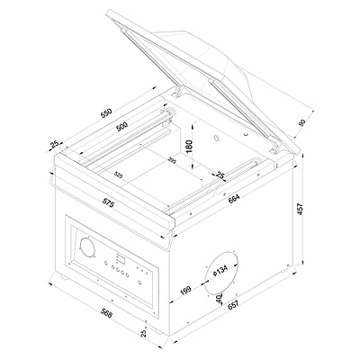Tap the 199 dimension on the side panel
point(184,290)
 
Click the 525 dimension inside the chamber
point(118,174)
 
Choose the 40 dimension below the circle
point(219,297)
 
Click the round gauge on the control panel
point(87,247)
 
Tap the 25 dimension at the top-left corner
point(55,145)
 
